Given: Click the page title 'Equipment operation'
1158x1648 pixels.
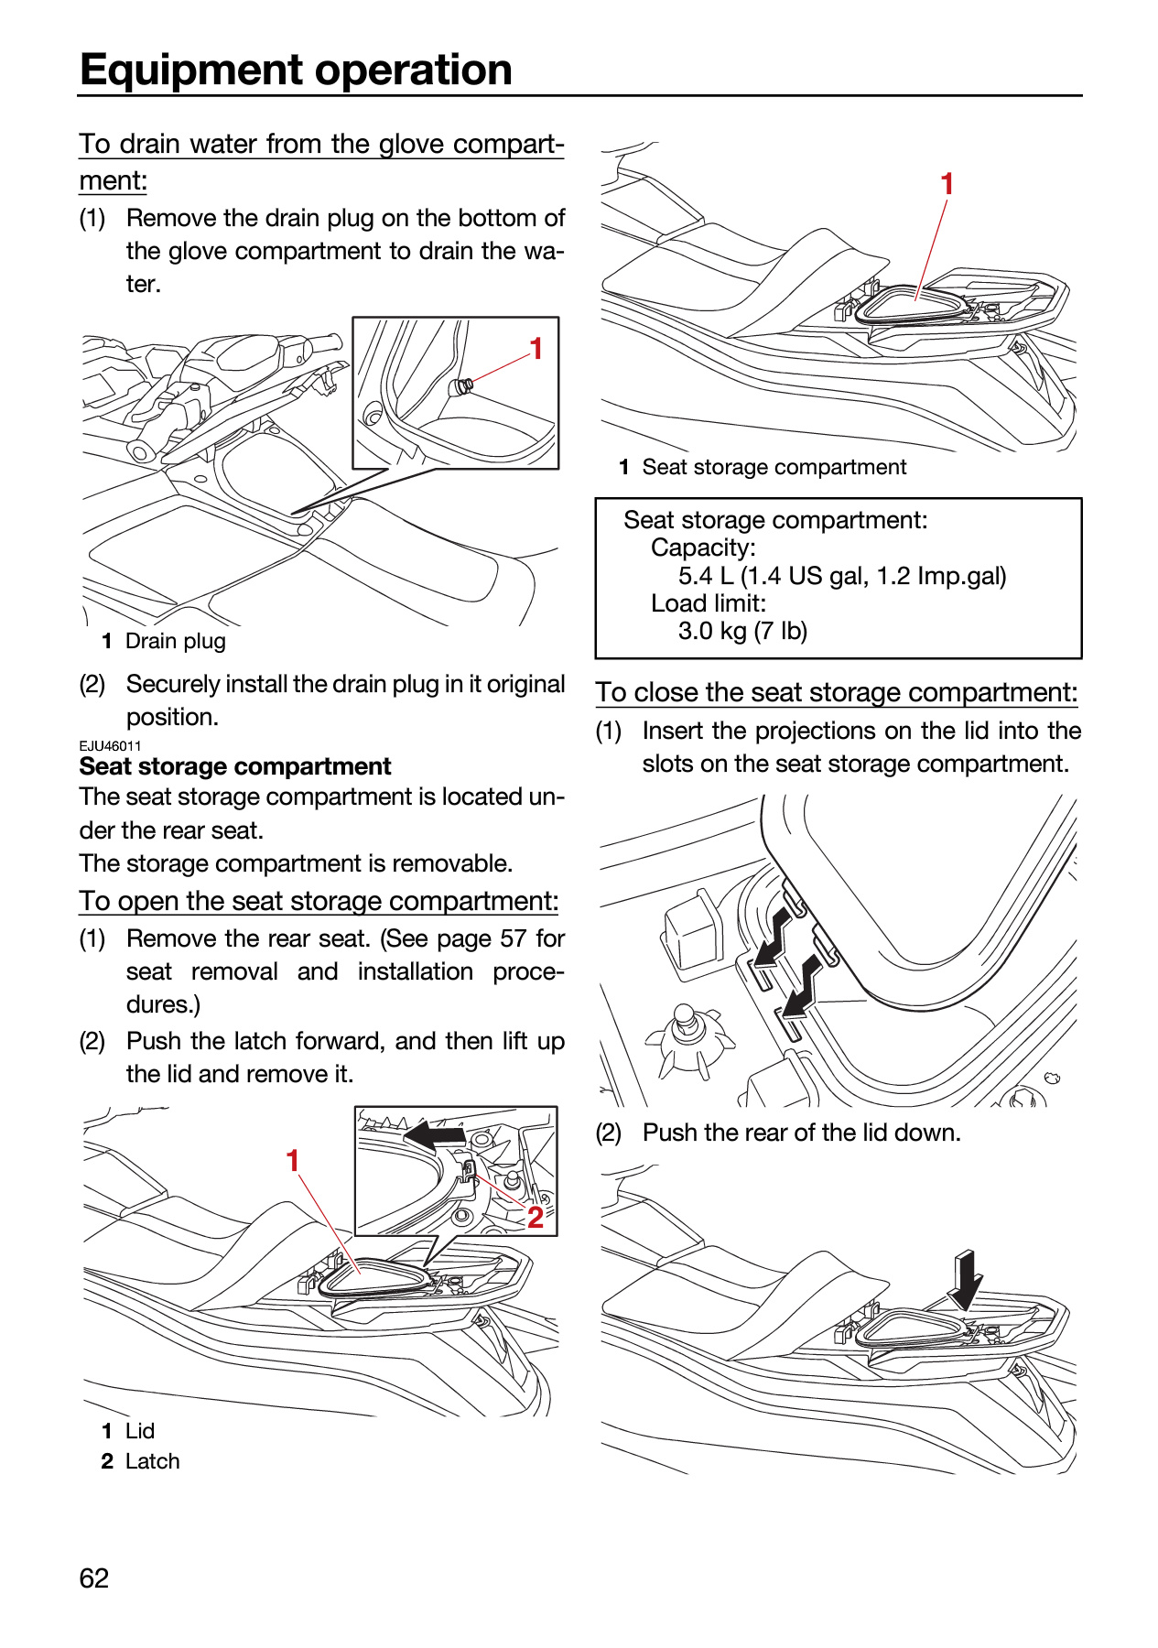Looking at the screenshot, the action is coord(296,70).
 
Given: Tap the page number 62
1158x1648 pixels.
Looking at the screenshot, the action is coord(94,1578).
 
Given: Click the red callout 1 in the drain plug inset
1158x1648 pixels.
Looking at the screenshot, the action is coord(536,349).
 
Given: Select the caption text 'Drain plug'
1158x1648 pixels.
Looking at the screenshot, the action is coord(176,641).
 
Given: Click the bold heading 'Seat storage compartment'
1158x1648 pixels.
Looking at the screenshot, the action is coord(235,766).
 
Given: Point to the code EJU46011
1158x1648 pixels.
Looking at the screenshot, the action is coord(110,745).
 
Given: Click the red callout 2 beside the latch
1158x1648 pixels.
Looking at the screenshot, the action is coord(536,1217).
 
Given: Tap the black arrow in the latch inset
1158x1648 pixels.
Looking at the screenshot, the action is coord(436,1135).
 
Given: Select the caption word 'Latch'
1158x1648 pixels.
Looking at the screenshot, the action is coord(153,1461).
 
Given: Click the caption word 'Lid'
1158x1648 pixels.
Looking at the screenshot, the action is coord(140,1431).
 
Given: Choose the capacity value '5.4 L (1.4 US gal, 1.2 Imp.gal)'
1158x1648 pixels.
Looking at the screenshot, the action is coord(842,576).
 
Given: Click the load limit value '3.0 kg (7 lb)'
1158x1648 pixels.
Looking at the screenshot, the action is coord(742,631).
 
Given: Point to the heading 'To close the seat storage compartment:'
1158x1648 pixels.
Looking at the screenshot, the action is coord(837,692).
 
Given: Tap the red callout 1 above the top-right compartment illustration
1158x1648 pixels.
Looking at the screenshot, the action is coord(947,184).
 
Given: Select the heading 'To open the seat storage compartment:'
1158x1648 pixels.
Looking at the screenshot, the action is coord(319,901).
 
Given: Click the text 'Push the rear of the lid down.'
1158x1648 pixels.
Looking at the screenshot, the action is coord(802,1133).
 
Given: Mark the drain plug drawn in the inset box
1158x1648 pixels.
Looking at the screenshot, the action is coord(460,386).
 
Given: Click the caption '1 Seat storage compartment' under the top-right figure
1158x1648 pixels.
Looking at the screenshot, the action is coord(763,467).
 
